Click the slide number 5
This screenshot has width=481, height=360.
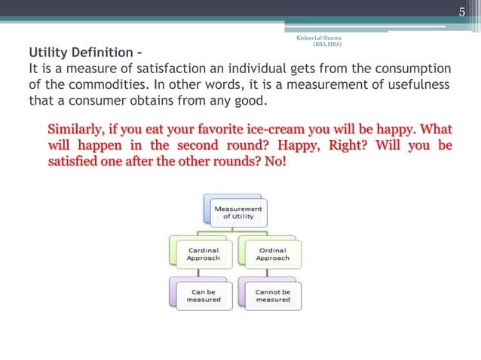tap(463, 11)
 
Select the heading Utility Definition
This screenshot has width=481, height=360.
tap(83, 53)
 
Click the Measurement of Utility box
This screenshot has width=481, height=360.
tap(237, 212)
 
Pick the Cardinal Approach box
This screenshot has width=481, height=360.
tap(204, 253)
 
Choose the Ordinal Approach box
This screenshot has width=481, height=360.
tap(272, 253)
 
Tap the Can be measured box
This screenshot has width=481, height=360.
tap(204, 295)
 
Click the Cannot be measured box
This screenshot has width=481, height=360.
tap(272, 295)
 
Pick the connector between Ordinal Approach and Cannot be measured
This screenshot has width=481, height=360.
tap(245, 273)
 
